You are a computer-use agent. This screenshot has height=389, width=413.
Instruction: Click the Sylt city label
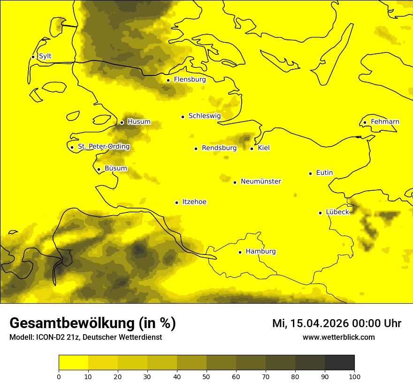pyautogui.click(x=45, y=56)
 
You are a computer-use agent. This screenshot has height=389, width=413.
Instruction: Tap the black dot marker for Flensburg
pyautogui.click(x=168, y=80)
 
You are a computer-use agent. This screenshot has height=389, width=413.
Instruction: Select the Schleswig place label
pyautogui.click(x=204, y=116)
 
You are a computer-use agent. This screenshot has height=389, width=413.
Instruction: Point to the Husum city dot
pyautogui.click(x=122, y=122)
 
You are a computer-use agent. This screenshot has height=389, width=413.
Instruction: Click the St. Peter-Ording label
pyautogui.click(x=103, y=147)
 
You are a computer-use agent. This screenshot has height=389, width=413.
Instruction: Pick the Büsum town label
pyautogui.click(x=115, y=168)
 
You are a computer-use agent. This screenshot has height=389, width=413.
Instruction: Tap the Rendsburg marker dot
pyautogui.click(x=196, y=149)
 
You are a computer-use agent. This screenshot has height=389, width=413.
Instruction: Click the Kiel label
pyautogui.click(x=264, y=148)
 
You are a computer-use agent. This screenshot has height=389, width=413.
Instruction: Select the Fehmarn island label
pyautogui.click(x=385, y=122)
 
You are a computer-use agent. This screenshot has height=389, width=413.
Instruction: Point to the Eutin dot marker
pyautogui.click(x=310, y=173)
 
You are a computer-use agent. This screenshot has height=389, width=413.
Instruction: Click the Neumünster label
pyautogui.click(x=261, y=181)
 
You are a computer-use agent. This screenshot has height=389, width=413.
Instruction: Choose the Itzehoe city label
pyautogui.click(x=194, y=202)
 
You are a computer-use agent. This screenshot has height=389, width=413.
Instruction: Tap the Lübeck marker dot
pyautogui.click(x=321, y=213)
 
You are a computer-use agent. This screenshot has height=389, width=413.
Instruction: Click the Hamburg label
pyautogui.click(x=260, y=252)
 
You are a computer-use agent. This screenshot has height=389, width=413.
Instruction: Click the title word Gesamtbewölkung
pyautogui.click(x=73, y=323)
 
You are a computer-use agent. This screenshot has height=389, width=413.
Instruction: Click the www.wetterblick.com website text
pyautogui.click(x=338, y=337)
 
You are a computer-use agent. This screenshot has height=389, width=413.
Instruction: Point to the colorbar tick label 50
pyautogui.click(x=206, y=376)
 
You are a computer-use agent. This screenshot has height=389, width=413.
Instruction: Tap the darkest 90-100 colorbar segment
pyautogui.click(x=339, y=363)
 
